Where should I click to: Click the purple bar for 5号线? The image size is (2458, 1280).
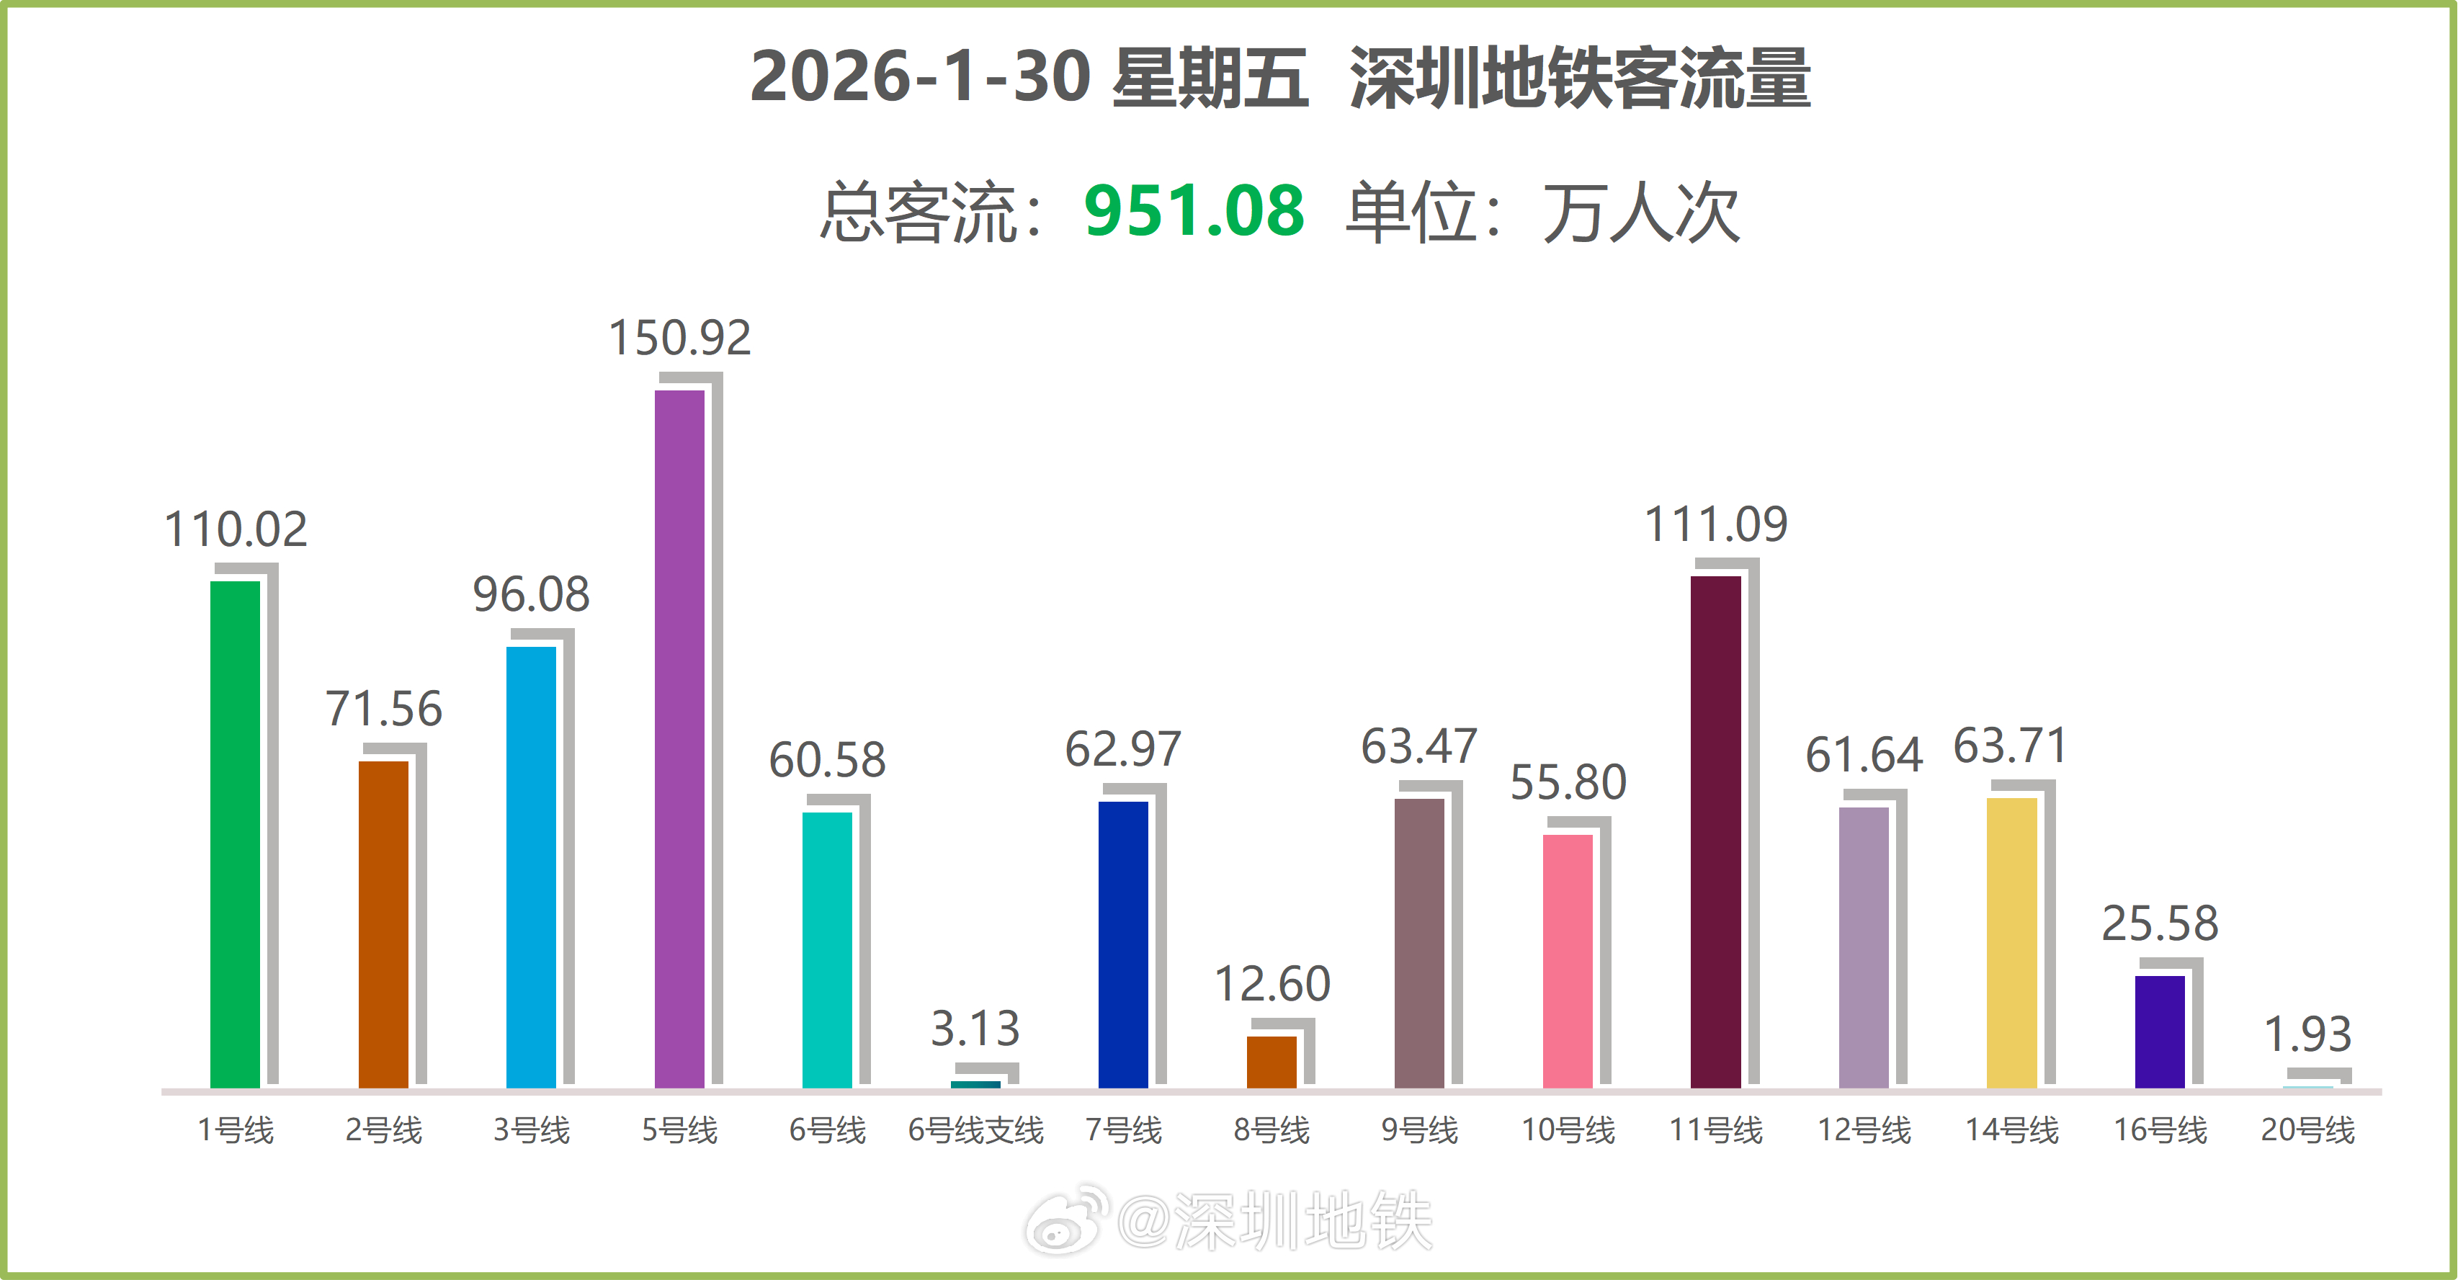click(679, 738)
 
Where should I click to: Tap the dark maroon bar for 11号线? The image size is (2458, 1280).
click(1716, 832)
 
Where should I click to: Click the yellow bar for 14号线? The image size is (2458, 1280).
click(2011, 942)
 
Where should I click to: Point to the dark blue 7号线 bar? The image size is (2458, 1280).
click(1123, 944)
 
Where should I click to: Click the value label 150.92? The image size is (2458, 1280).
click(679, 338)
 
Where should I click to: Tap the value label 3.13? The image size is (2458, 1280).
click(975, 1028)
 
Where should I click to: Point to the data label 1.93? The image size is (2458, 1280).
click(2307, 1034)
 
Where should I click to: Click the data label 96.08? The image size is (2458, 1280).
click(532, 594)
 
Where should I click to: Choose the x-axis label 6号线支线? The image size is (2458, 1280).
click(975, 1130)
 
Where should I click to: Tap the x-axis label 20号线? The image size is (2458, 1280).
click(2307, 1130)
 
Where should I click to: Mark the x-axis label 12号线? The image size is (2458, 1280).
click(1864, 1130)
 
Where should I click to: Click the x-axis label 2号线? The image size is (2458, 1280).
click(383, 1130)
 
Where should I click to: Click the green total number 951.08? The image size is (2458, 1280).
click(1194, 211)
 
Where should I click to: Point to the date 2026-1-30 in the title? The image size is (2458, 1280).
click(920, 76)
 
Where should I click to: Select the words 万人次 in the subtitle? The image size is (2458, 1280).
click(1640, 212)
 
